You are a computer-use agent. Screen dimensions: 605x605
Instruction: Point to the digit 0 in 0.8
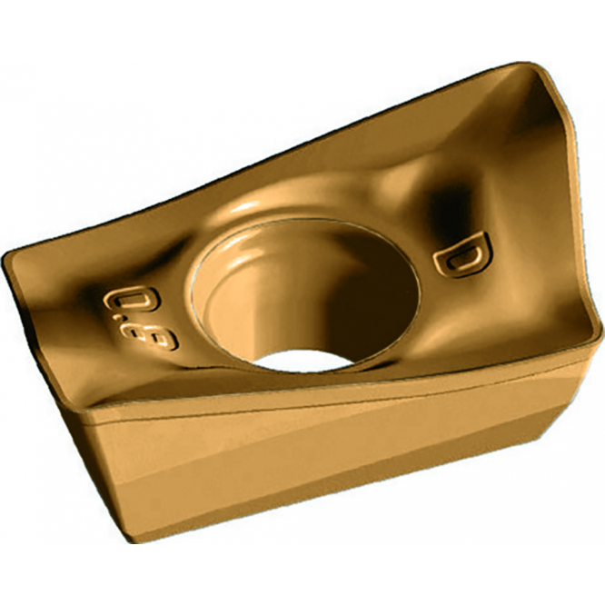coord(119,301)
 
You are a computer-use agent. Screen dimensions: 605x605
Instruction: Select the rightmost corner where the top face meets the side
coord(596,338)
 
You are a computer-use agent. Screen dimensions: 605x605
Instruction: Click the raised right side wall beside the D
coord(545,227)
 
